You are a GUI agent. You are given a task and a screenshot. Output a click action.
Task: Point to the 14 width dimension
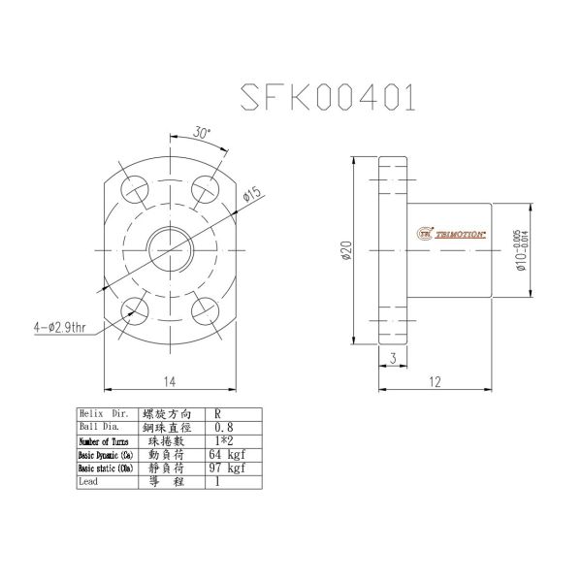[171, 382]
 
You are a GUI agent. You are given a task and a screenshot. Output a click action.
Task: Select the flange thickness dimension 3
[392, 357]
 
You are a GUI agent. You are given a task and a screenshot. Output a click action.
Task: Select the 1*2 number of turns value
[224, 440]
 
